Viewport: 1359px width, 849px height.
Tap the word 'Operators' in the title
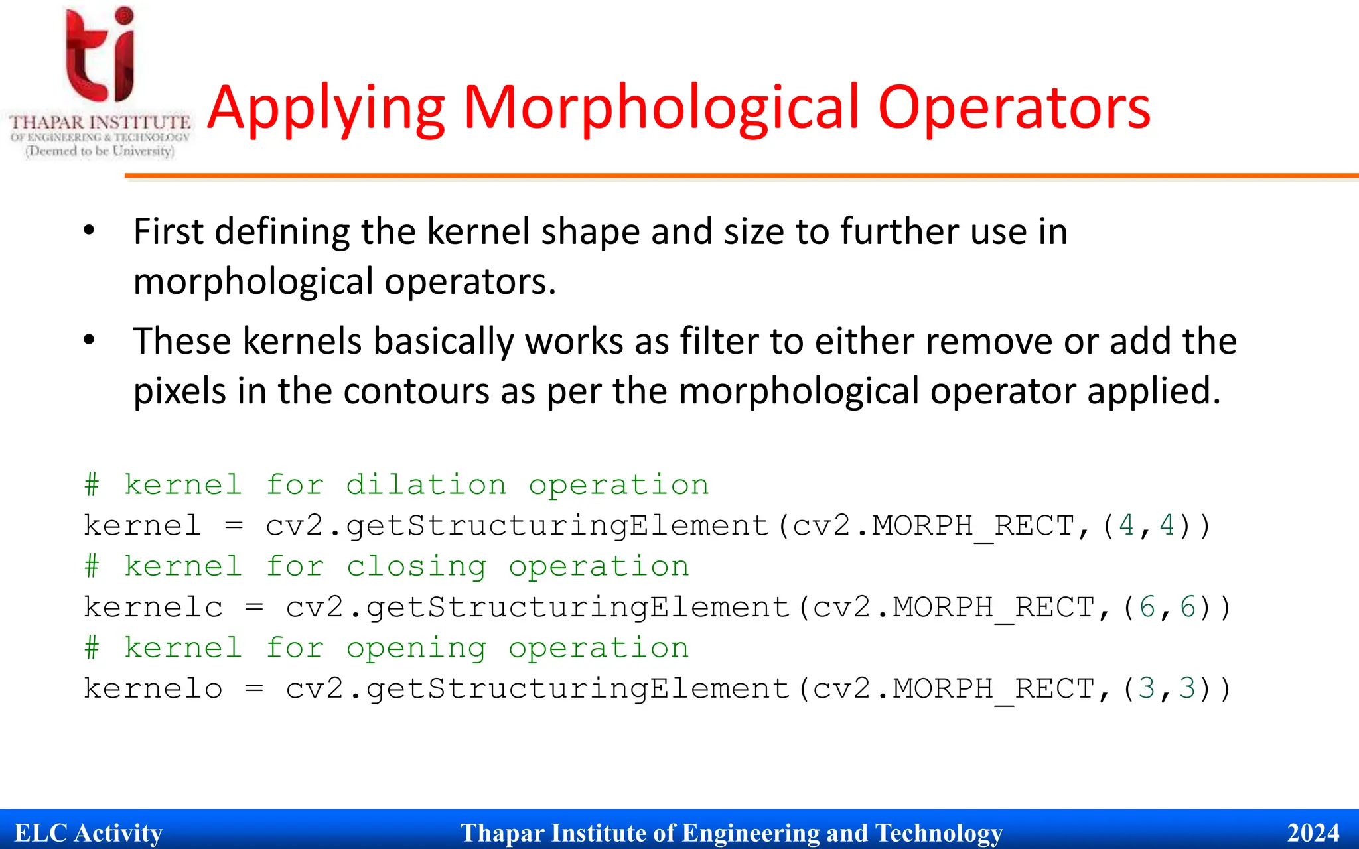pyautogui.click(x=1014, y=107)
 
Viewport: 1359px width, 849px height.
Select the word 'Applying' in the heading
pyautogui.click(x=326, y=107)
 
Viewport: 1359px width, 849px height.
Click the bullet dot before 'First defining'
pyautogui.click(x=89, y=231)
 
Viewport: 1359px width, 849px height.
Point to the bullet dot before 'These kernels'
pyautogui.click(x=89, y=340)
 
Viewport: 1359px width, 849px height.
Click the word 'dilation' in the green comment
pyautogui.click(x=426, y=485)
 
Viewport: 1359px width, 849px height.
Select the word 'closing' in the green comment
pyautogui.click(x=416, y=566)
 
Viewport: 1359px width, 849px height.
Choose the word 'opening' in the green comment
pyautogui.click(x=416, y=648)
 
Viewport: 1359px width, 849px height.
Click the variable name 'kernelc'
pyautogui.click(x=153, y=607)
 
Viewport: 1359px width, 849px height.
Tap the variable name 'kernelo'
pyautogui.click(x=153, y=688)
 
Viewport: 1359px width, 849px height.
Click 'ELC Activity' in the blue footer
pyautogui.click(x=88, y=832)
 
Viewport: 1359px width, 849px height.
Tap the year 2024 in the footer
pyautogui.click(x=1313, y=832)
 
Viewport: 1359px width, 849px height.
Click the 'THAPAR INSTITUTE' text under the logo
pyautogui.click(x=100, y=123)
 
